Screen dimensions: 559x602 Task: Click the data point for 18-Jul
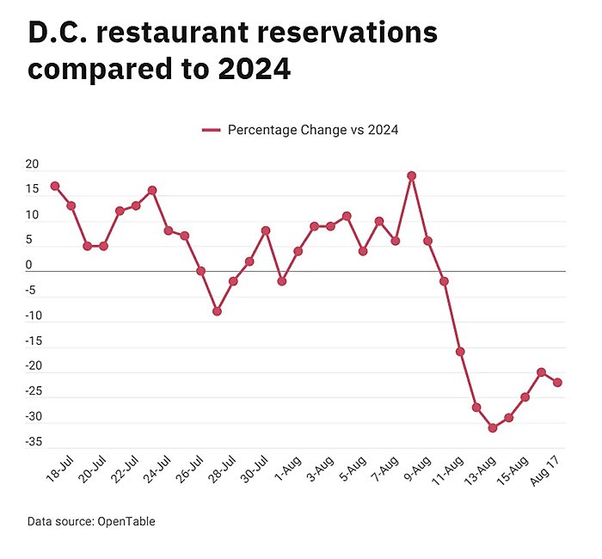[x=55, y=186]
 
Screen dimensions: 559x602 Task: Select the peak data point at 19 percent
[x=412, y=175]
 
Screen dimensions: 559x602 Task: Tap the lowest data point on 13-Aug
[x=493, y=427]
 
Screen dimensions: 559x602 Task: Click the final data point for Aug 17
[x=557, y=382]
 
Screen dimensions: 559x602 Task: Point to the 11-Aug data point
[x=460, y=352]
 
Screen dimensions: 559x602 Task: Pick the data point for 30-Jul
[x=266, y=230]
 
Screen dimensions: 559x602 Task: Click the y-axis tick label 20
[x=33, y=165]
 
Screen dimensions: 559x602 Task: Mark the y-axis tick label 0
[x=28, y=266]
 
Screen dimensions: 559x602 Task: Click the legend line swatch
[x=212, y=130]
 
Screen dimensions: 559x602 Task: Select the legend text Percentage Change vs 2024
[x=313, y=130]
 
